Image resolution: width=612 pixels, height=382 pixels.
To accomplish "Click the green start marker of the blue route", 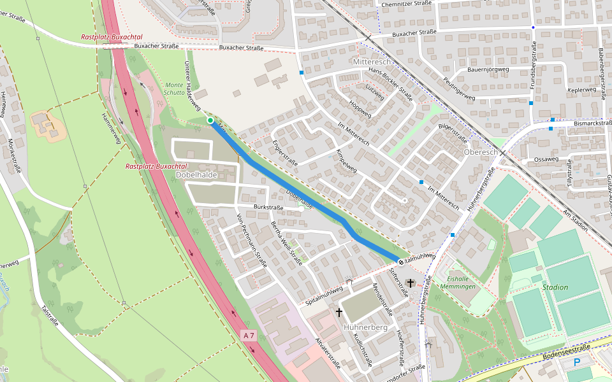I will [x=210, y=120].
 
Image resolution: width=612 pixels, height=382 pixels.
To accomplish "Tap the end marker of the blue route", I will [x=401, y=262].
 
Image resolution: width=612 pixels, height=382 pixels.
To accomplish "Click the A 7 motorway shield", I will [x=249, y=335].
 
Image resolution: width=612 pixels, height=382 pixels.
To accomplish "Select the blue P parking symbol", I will [x=577, y=362].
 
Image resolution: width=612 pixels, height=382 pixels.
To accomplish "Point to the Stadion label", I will [x=555, y=287].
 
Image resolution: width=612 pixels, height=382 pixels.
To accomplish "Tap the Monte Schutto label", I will [x=174, y=88].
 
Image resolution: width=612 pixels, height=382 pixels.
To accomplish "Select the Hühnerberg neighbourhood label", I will [x=365, y=327].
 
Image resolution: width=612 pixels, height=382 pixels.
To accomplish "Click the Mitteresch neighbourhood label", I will [x=376, y=62].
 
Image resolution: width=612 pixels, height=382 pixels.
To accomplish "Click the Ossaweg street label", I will [x=546, y=159].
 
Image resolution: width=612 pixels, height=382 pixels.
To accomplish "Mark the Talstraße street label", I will [x=50, y=315].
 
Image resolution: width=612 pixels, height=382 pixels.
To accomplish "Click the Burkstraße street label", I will [x=268, y=208].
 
